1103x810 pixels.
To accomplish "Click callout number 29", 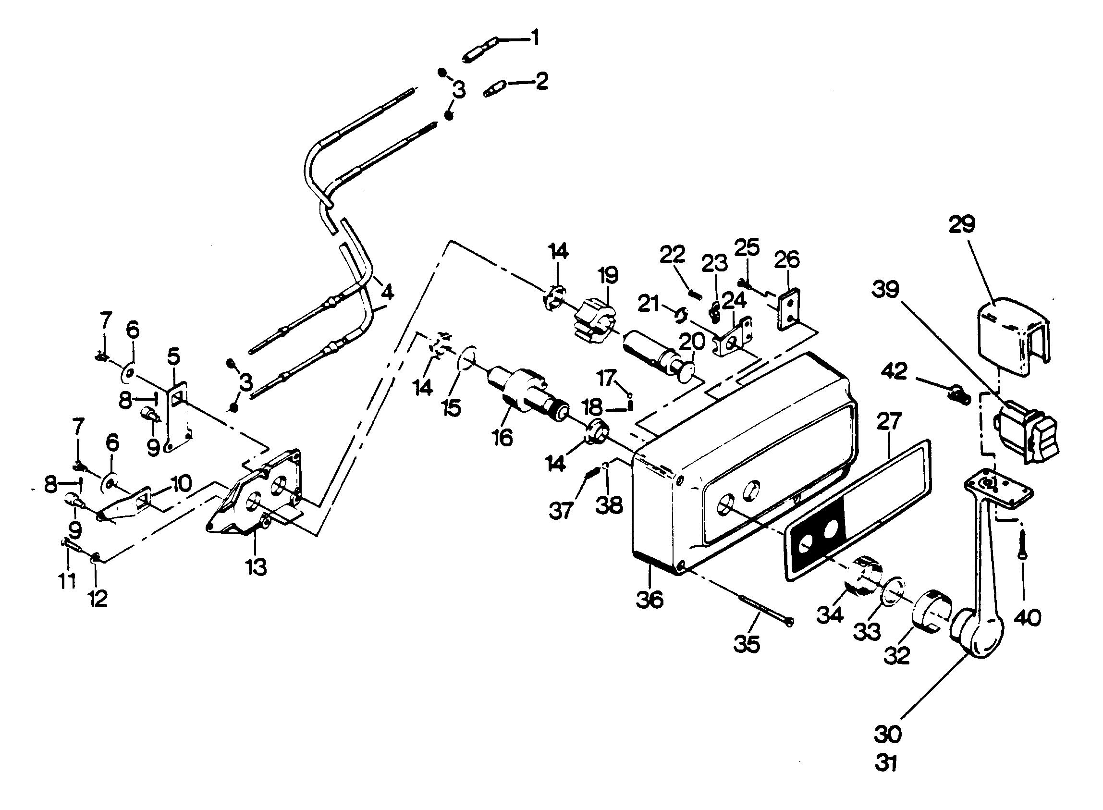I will [x=961, y=224].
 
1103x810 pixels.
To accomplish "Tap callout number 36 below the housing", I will [x=649, y=599].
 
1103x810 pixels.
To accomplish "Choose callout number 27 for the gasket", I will [x=887, y=422].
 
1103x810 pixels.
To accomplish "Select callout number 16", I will [x=502, y=437].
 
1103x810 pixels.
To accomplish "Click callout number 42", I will [x=894, y=373].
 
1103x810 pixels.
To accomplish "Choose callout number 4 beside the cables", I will [x=387, y=293].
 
